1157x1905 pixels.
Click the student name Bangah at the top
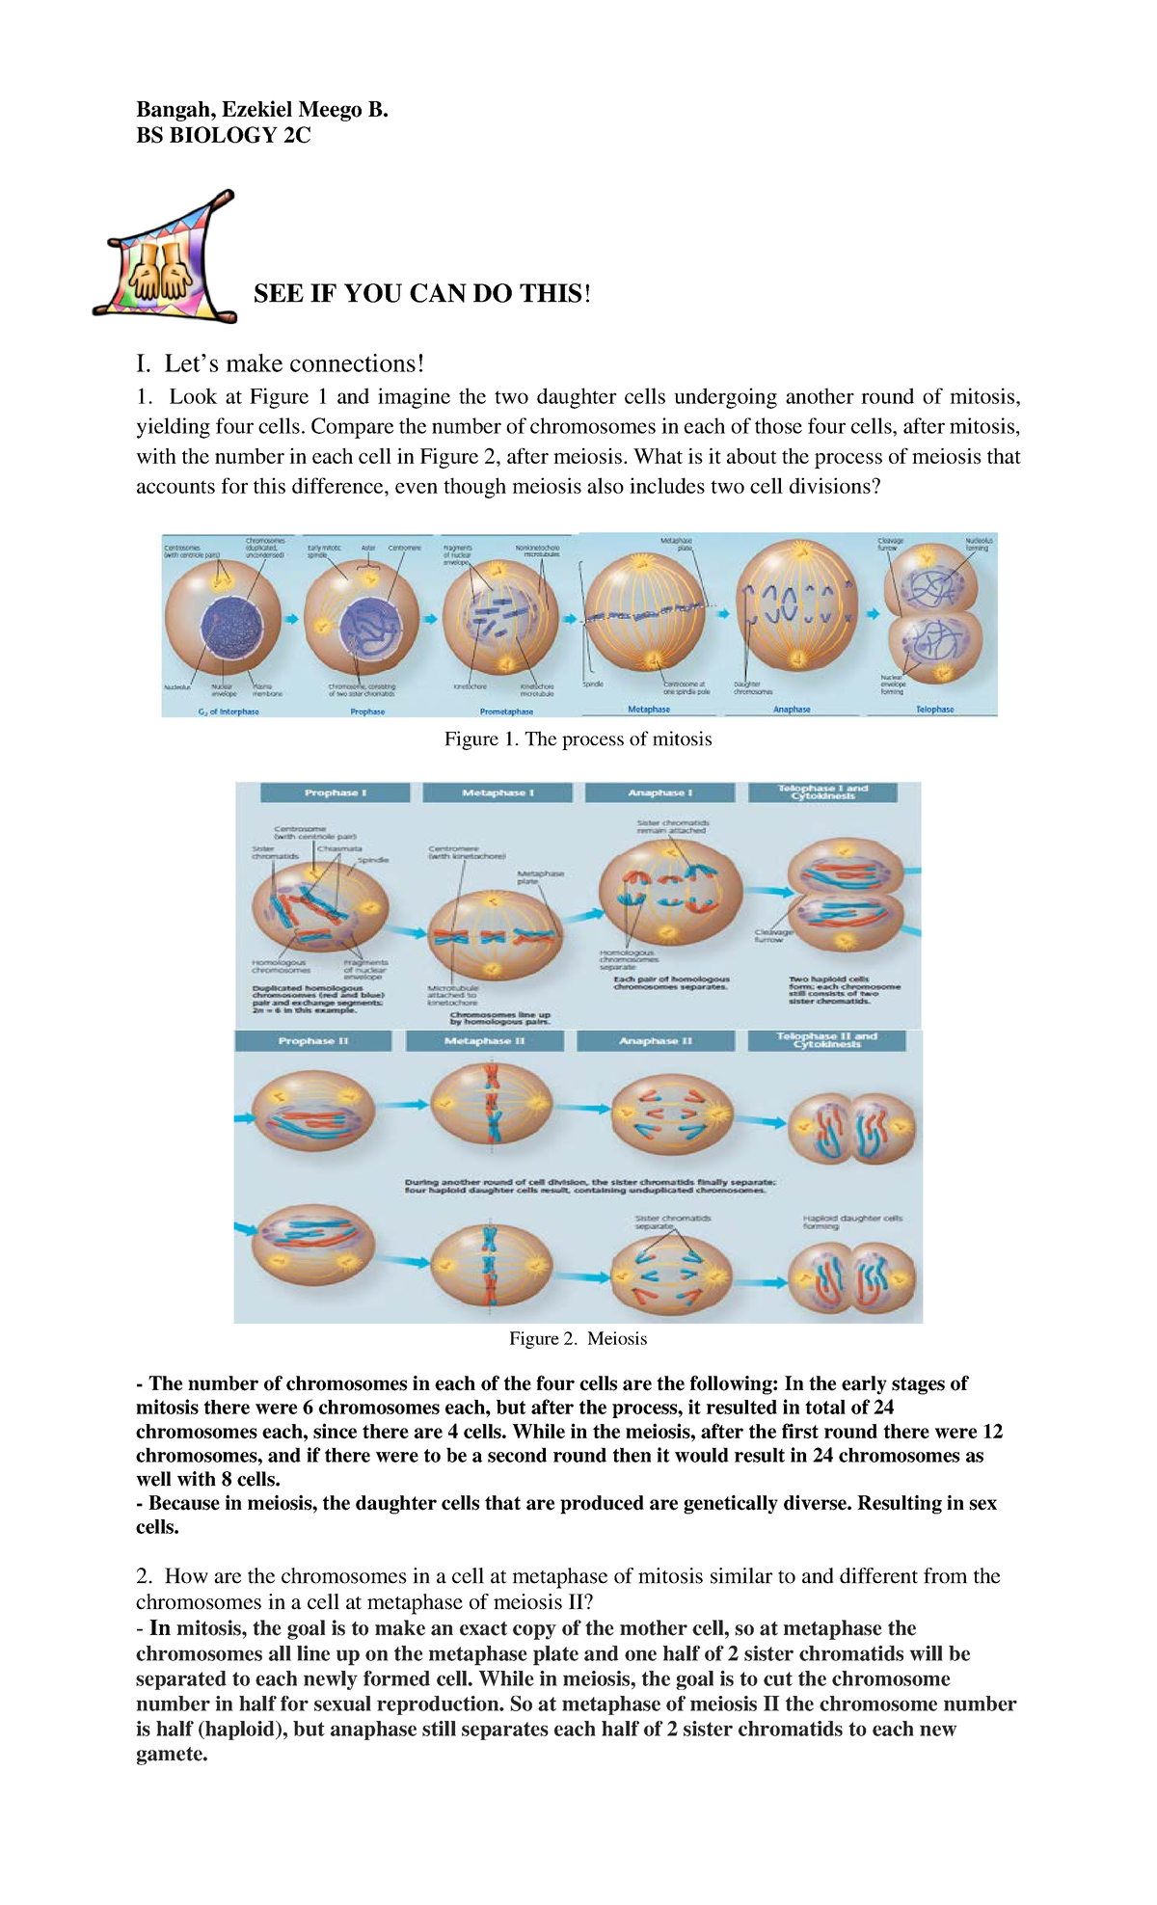pos(173,110)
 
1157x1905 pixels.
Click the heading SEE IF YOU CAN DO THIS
pos(420,294)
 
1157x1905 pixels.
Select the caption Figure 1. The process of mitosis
pos(578,739)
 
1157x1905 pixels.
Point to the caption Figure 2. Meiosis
pos(578,1339)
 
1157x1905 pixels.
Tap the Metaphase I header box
pos(498,792)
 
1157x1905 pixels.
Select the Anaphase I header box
pos(659,792)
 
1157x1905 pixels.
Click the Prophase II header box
pos(312,1041)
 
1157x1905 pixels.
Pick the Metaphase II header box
pos(484,1041)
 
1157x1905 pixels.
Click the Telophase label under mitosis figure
pos(934,710)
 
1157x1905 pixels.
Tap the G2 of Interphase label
pos(228,711)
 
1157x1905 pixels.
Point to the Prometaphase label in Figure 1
pos(506,711)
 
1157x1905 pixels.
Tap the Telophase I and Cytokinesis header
pos(822,792)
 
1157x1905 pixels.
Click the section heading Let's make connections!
pos(281,363)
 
